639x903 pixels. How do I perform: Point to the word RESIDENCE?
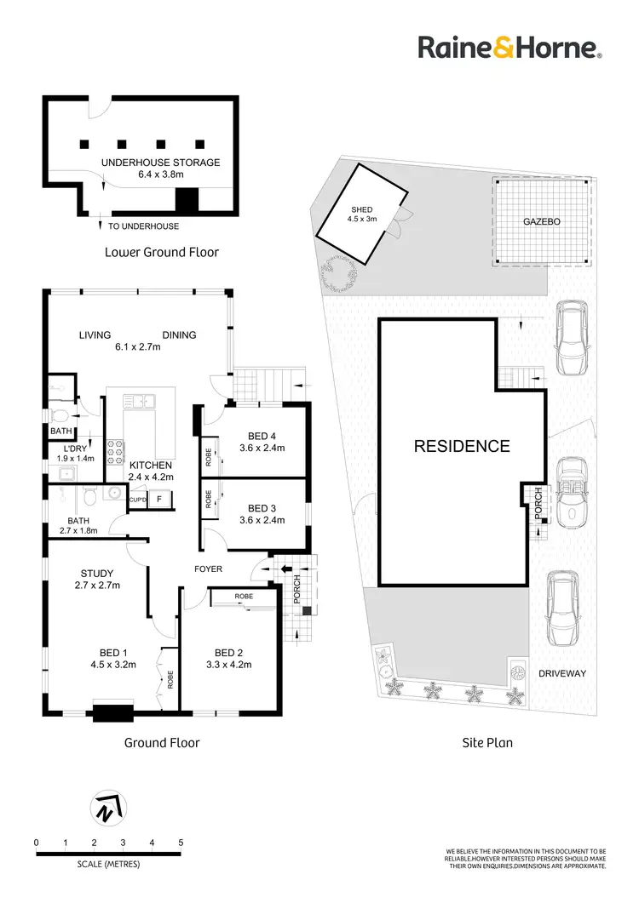coord(462,446)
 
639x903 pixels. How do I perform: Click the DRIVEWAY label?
coord(565,672)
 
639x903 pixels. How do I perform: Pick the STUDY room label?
coord(96,573)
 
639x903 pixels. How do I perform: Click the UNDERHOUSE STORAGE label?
coord(160,162)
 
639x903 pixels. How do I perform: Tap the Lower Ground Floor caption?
coord(161,252)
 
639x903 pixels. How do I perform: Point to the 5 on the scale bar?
coord(181,843)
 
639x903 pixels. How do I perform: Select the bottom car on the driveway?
coord(564,608)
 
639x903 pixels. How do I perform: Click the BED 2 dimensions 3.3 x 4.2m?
coord(229,665)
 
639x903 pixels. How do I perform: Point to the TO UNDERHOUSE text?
coord(143,226)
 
